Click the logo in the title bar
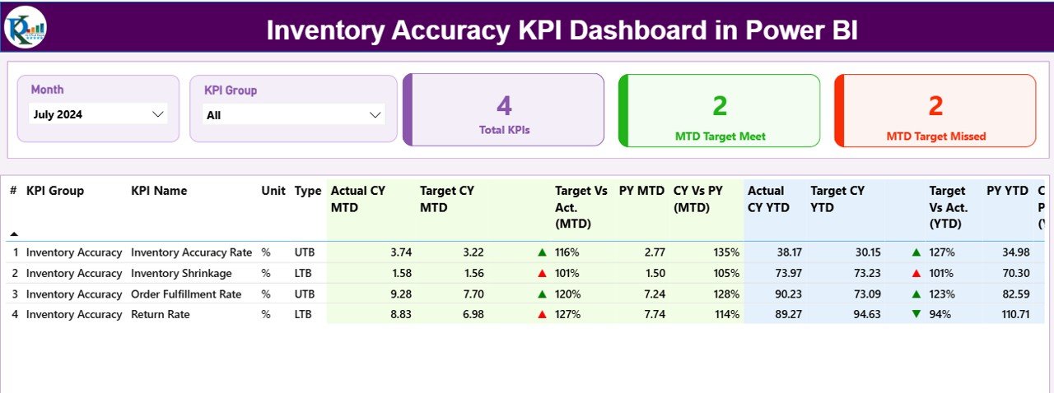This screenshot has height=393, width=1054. pos(25,26)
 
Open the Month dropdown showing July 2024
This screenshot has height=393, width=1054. pos(98,114)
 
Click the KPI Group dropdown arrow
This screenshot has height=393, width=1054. pos(375,115)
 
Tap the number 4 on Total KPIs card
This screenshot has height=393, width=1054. pos(504,105)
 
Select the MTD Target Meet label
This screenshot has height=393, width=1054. pos(720,136)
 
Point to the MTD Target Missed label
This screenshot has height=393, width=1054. pos(935,136)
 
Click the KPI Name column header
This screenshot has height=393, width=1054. pos(159,191)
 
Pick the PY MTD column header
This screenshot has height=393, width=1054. pos(641,191)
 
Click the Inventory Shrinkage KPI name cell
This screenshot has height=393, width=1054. pos(181,273)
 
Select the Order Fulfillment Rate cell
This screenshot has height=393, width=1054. pos(186,294)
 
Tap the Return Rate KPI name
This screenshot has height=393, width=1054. pos(160,314)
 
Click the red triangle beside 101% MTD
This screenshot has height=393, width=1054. pos(542,274)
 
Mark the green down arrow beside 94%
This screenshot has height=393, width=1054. pos(916,314)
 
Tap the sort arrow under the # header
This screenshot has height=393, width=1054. pos(13,233)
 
